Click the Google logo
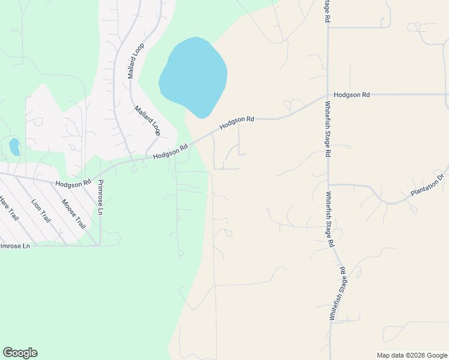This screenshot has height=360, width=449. coord(20,353)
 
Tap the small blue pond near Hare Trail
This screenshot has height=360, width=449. coord(14,146)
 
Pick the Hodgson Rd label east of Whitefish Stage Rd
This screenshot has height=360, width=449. coord(352,95)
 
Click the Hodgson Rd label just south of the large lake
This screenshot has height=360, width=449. coord(237,122)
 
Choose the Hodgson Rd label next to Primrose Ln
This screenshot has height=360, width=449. coord(73,182)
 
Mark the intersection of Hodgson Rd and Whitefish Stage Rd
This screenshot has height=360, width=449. coord(328,95)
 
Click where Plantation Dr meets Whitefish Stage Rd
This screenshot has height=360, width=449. coord(328,184)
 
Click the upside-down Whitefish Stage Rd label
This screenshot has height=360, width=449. coord(337,293)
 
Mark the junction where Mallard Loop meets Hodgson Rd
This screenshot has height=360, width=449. coord(146,158)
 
